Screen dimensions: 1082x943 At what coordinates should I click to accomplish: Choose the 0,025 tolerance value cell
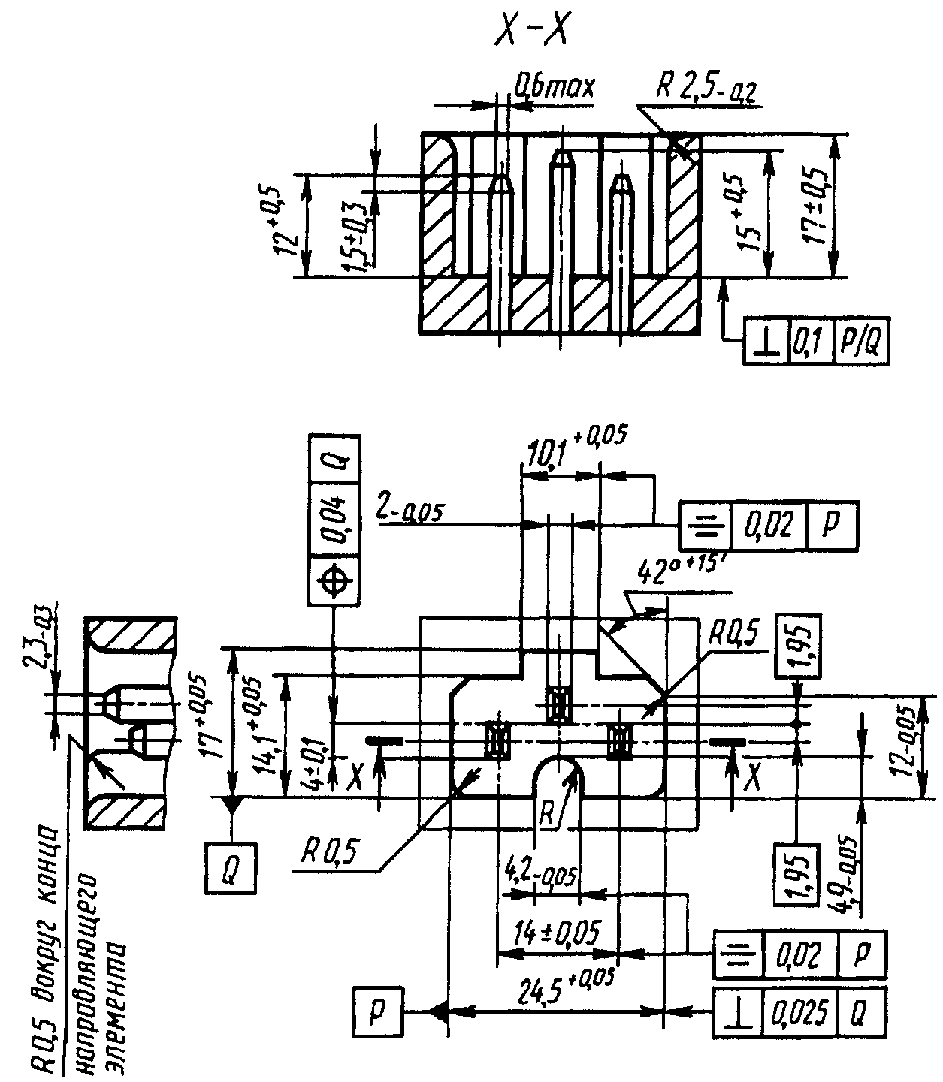pyautogui.click(x=800, y=1013)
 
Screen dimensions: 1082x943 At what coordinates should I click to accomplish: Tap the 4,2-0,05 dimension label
pyautogui.click(x=540, y=875)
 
